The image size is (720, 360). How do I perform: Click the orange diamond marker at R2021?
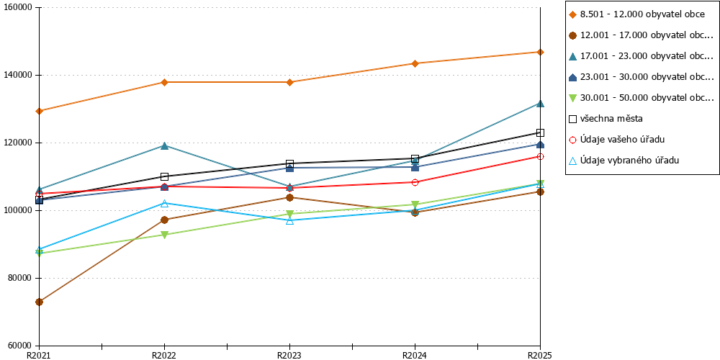pos(39,111)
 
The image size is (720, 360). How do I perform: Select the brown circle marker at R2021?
pos(39,302)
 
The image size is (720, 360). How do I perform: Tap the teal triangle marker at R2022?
pos(164,145)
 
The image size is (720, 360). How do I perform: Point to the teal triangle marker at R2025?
pos(541,103)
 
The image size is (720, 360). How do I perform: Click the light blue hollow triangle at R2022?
pos(164,203)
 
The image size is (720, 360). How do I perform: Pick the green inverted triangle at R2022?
pos(164,235)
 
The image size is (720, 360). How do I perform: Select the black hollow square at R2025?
pos(541,132)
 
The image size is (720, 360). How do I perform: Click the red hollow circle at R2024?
pos(415,182)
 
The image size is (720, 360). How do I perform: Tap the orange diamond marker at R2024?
pos(415,63)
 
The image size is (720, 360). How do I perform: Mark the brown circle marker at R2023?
pos(289,197)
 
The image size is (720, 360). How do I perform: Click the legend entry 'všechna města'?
pos(606,119)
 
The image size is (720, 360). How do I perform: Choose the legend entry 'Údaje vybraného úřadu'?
pos(624,161)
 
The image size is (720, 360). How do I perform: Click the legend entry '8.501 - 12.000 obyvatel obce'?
pos(636,14)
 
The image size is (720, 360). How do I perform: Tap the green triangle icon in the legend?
pos(572,98)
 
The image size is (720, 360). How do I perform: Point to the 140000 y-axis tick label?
pos(20,76)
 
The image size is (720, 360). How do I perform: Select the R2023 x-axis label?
pos(289,355)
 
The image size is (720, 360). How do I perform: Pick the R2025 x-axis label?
pos(539,355)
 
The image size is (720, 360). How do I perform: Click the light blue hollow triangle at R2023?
pos(289,220)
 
